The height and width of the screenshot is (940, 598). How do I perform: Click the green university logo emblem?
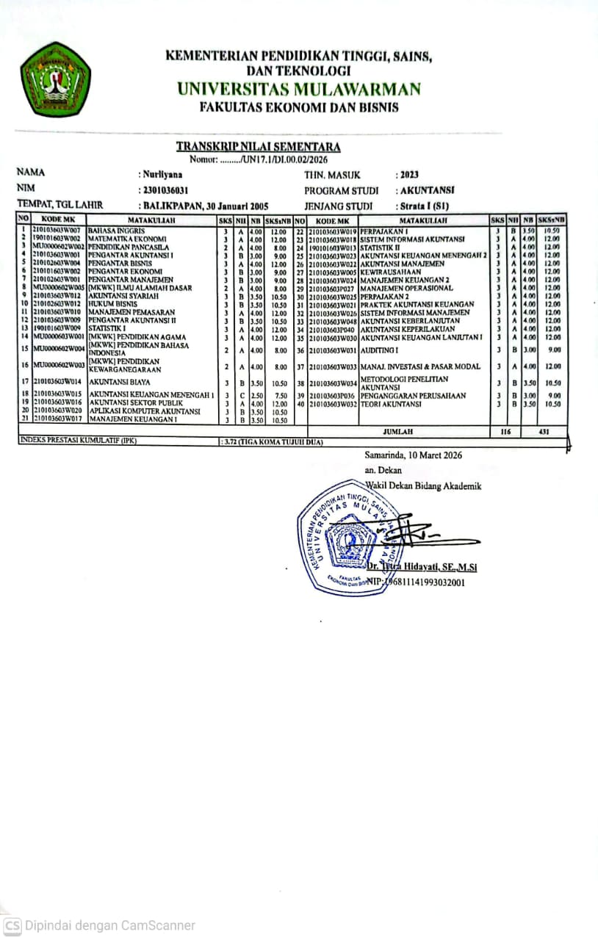pyautogui.click(x=56, y=80)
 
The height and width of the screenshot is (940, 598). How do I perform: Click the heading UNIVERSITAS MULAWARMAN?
pyautogui.click(x=299, y=90)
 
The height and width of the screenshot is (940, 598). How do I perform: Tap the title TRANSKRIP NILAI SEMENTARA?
pyautogui.click(x=258, y=147)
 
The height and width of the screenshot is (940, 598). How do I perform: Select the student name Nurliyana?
pyautogui.click(x=163, y=175)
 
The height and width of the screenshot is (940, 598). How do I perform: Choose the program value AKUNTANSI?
pyautogui.click(x=425, y=190)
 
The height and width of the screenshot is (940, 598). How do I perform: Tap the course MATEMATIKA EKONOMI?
pyautogui.click(x=128, y=239)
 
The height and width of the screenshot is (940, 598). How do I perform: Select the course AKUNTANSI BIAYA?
pyautogui.click(x=115, y=382)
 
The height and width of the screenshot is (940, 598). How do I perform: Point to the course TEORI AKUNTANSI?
pyautogui.click(x=391, y=404)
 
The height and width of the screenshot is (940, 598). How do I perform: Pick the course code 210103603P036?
pyautogui.click(x=332, y=396)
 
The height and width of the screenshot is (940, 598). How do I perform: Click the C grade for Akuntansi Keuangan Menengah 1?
pyautogui.click(x=242, y=396)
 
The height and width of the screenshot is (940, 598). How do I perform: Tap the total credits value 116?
pyautogui.click(x=505, y=432)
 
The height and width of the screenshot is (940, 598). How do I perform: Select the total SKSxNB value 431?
pyautogui.click(x=544, y=432)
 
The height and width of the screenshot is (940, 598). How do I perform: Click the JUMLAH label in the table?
pyautogui.click(x=398, y=432)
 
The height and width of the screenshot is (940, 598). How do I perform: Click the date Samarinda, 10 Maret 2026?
pyautogui.click(x=413, y=455)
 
